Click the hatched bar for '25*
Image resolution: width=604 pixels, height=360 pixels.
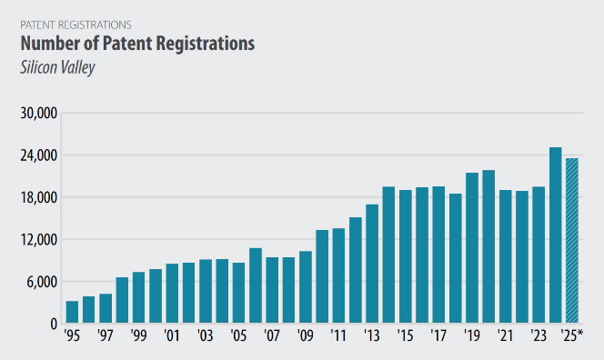[572, 240]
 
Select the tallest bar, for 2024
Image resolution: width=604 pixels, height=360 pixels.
[556, 235]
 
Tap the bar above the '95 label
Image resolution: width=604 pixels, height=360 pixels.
[72, 312]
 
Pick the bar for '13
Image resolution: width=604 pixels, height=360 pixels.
[372, 264]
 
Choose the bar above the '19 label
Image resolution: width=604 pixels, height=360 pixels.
[472, 247]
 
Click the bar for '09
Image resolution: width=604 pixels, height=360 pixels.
[306, 287]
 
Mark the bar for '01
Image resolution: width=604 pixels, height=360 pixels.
[172, 293]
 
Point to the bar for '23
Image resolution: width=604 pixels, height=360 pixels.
[539, 255]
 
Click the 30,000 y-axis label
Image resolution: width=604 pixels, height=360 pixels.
[38, 114]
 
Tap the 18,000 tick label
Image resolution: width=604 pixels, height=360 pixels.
[38, 197]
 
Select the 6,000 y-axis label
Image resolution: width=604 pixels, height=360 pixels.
[42, 282]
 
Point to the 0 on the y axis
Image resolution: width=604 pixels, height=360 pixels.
[54, 325]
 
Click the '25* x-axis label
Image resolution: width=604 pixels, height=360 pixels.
[571, 335]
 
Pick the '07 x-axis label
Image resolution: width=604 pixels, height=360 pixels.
[272, 335]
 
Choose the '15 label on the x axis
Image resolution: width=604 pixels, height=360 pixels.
[405, 335]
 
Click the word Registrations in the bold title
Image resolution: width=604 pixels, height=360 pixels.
[206, 44]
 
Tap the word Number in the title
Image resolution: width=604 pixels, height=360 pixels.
[43, 43]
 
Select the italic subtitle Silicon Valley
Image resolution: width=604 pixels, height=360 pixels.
[58, 67]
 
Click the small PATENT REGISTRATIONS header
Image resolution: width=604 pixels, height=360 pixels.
[75, 25]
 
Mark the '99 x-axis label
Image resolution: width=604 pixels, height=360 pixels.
[138, 335]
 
